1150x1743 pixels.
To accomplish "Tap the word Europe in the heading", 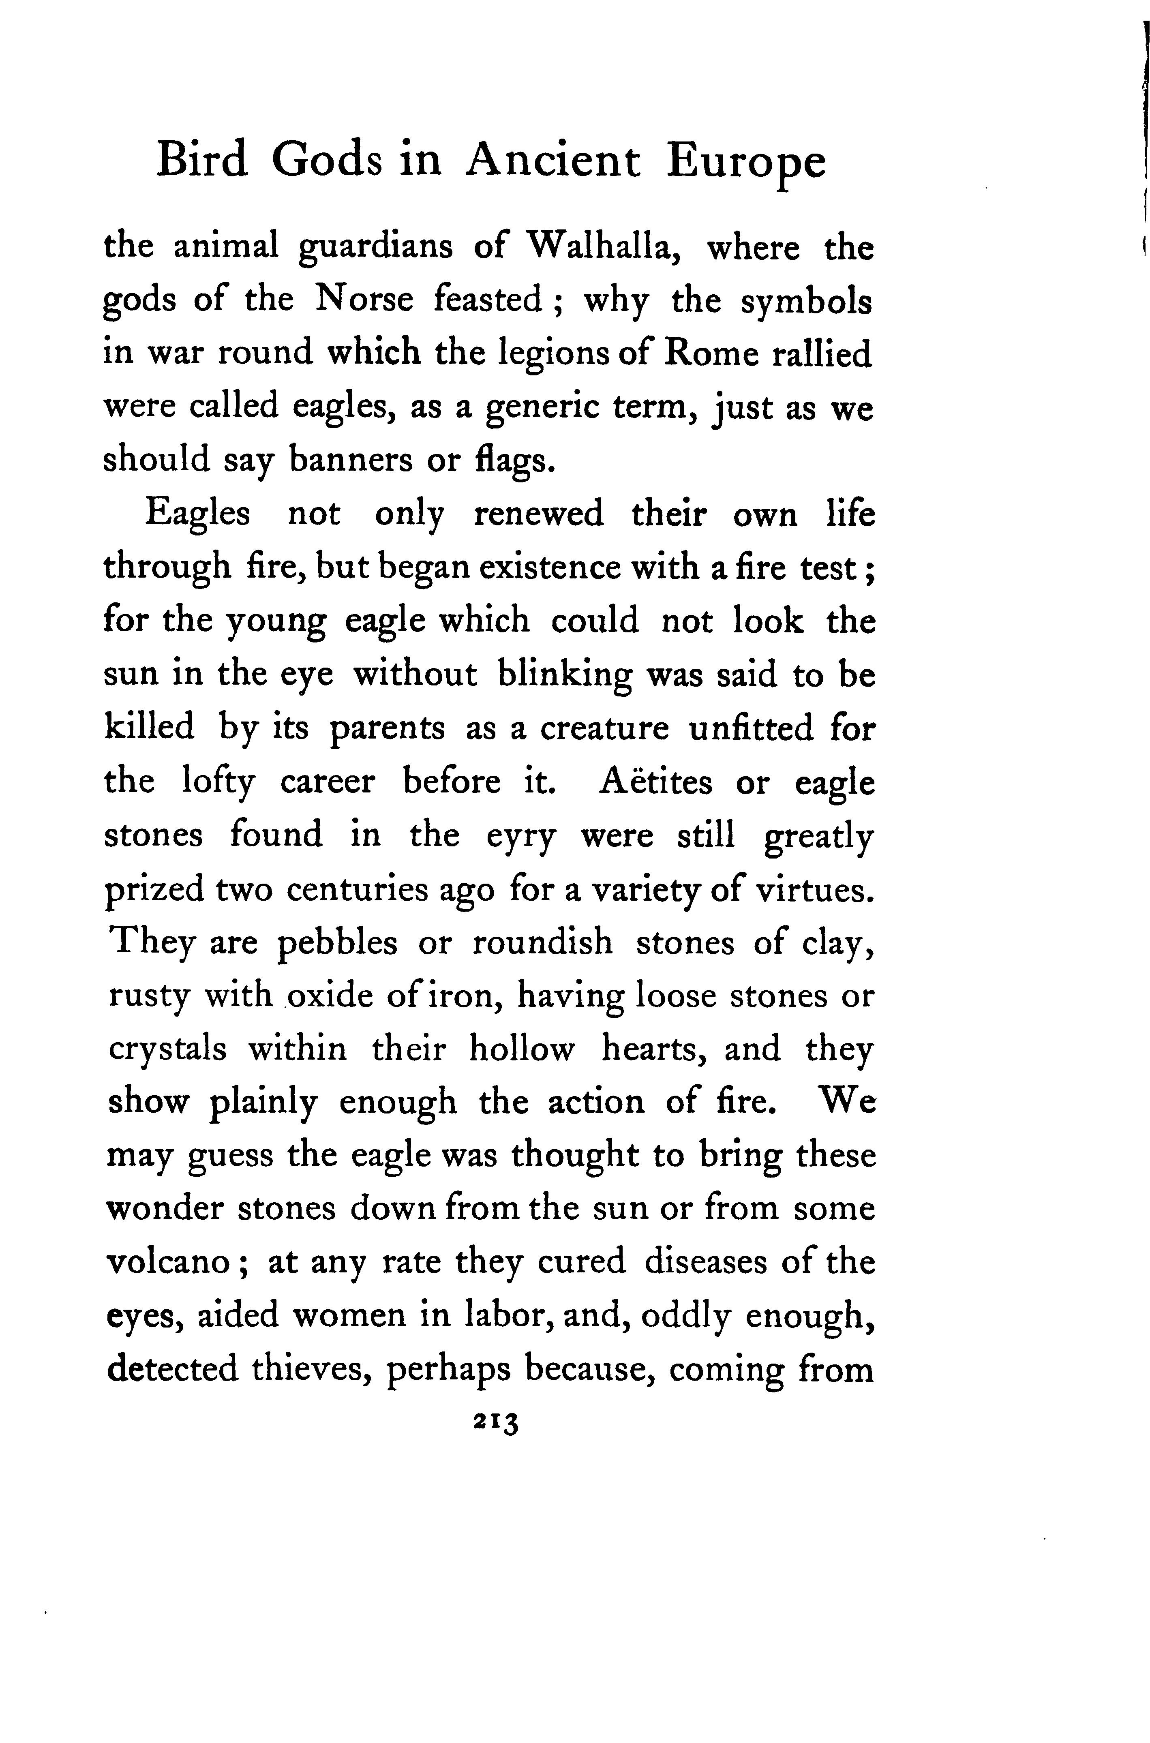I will (x=746, y=163).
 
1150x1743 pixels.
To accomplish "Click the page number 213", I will (x=497, y=1422).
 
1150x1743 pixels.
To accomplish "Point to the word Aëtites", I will (x=656, y=781).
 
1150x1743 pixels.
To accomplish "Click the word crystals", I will (x=167, y=1050).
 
